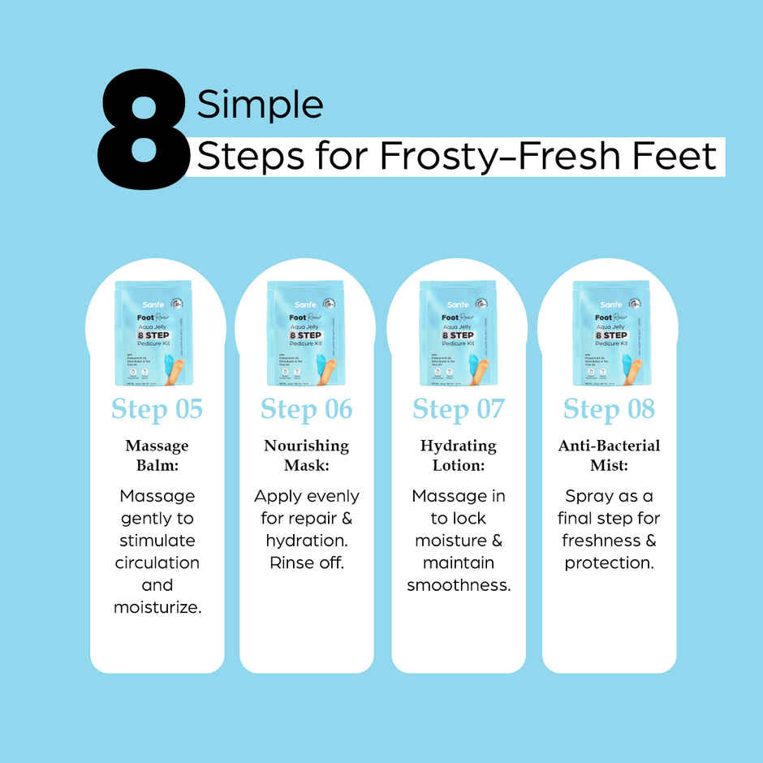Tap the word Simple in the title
tap(260, 105)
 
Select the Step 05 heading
tap(157, 409)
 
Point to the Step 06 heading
tap(307, 409)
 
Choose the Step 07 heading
tap(458, 409)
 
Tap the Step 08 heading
tap(609, 409)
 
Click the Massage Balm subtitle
tap(157, 455)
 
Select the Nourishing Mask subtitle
tap(307, 455)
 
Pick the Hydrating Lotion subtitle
tap(458, 455)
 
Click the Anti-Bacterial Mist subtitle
tap(609, 455)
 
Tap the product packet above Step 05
tap(154, 333)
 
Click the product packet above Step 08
tap(610, 333)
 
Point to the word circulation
tap(157, 563)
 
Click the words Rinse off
tap(307, 563)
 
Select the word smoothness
tap(459, 585)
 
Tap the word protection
tap(609, 563)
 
